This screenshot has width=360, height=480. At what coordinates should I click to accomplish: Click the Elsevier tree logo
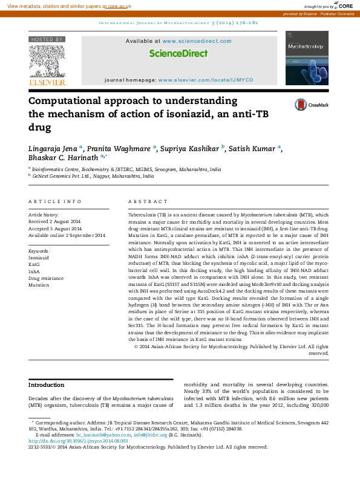pyautogui.click(x=46, y=60)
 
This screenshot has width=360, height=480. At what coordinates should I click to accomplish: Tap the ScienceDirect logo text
pyautogui.click(x=178, y=53)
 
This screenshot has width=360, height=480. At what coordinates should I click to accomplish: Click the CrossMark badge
pyautogui.click(x=311, y=104)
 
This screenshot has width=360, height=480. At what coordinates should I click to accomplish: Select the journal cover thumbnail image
pyautogui.click(x=307, y=60)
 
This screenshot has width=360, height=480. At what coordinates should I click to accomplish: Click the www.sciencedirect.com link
pyautogui.click(x=197, y=41)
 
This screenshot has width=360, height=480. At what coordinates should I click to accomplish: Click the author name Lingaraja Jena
pyautogui.click(x=53, y=149)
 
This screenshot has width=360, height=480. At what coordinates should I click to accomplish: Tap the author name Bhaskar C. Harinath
pyautogui.click(x=62, y=158)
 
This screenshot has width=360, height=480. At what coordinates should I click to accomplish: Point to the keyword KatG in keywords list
pyautogui.click(x=34, y=264)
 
